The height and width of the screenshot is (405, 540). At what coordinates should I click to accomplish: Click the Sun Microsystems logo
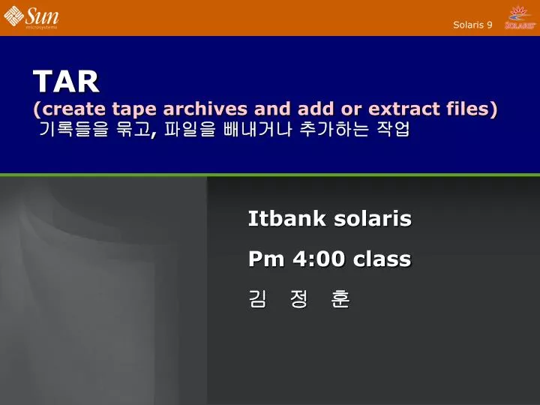tap(31, 17)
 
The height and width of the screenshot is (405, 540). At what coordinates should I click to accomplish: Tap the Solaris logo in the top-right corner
tap(520, 17)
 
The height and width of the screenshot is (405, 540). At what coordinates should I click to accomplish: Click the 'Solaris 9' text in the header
tap(472, 25)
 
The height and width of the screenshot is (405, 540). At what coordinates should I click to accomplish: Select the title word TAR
tap(66, 80)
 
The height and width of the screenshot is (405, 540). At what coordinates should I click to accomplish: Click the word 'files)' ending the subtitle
tap(470, 109)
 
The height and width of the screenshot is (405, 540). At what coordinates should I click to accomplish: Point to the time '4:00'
tap(320, 259)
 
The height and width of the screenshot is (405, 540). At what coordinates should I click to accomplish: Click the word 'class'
tap(382, 259)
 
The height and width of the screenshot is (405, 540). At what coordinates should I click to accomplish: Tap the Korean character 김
tap(257, 300)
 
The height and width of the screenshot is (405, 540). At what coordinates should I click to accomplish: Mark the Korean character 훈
tap(340, 300)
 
